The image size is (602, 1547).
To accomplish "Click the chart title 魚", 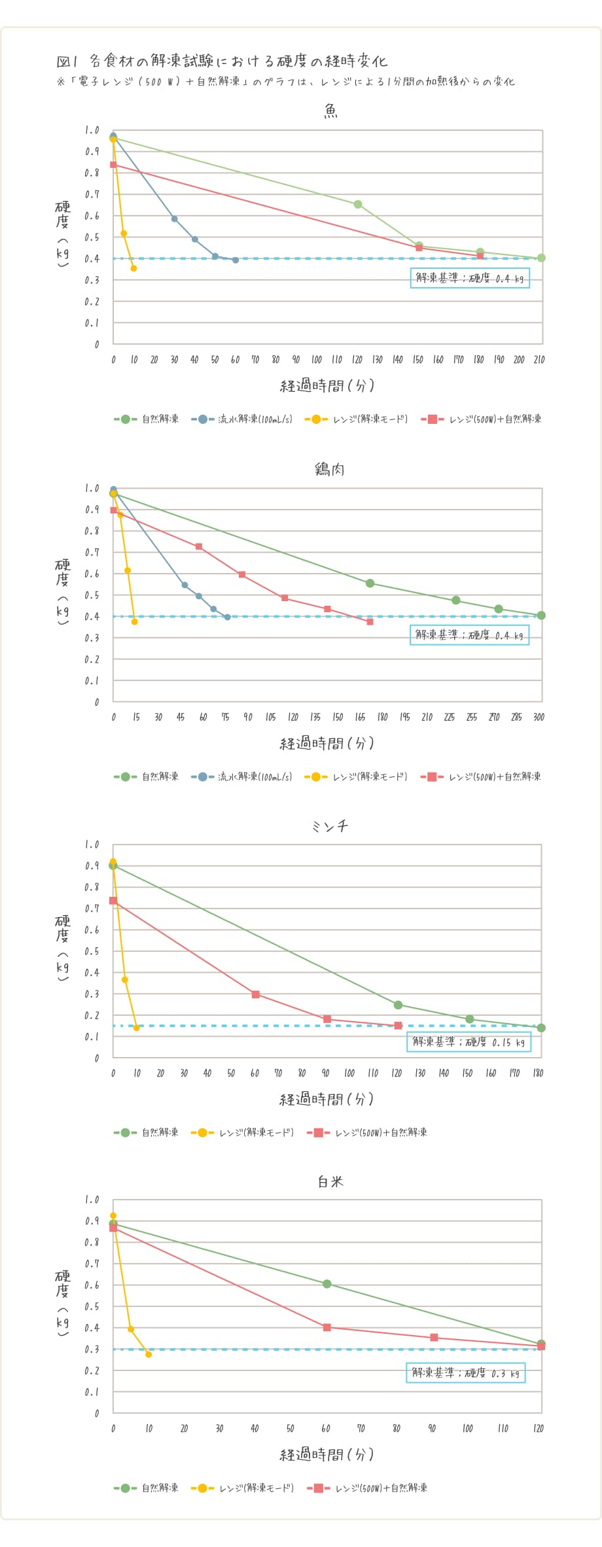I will coord(331,112).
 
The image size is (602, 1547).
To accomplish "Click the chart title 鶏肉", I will coord(330,469).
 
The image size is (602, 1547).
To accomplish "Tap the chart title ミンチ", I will coord(330,826).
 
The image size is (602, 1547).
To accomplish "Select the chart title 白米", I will coord(330,1181).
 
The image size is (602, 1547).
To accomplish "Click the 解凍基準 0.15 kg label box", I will coord(469,1041).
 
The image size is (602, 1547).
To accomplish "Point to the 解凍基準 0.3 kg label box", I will coord(465,1373).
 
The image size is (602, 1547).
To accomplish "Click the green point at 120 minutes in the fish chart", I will coord(358,205).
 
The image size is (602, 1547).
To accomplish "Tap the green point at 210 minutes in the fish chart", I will coord(541,258).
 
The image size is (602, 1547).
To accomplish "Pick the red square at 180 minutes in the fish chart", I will coord(480,256).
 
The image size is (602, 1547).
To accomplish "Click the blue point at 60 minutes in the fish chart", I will coord(236,260).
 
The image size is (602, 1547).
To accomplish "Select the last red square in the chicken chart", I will coord(370,622).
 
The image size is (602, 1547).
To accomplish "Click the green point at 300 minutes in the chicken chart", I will coord(541,616).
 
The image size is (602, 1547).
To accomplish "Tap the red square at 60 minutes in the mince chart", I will coord(256,994).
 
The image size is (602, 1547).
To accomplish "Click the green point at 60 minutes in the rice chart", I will coord(327,1284).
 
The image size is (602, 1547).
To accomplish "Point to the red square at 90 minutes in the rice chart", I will coord(434,1338).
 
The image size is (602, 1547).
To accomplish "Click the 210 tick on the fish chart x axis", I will coord(539,360).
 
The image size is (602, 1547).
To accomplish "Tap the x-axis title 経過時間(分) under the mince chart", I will coord(327,1100).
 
